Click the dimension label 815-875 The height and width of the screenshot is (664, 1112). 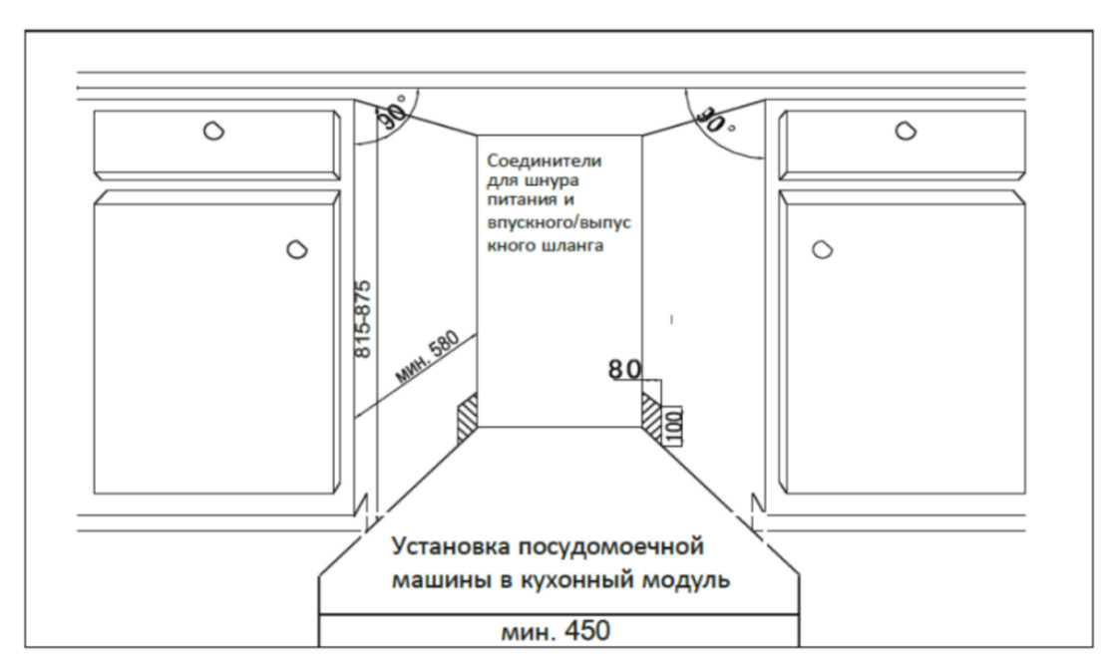(x=363, y=319)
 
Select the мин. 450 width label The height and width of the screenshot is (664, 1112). (x=556, y=631)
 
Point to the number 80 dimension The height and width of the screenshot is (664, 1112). (x=624, y=369)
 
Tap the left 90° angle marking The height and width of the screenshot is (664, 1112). (x=392, y=112)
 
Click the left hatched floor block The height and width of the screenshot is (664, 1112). (x=468, y=418)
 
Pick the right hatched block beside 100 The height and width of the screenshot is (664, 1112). (x=651, y=413)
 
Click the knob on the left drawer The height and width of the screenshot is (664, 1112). (x=213, y=131)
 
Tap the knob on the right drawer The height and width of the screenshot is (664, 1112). (x=906, y=131)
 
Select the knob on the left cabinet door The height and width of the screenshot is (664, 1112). (x=297, y=250)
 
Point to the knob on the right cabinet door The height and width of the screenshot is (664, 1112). (x=822, y=250)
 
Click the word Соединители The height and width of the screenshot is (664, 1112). (x=544, y=161)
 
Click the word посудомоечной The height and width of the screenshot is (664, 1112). (x=611, y=547)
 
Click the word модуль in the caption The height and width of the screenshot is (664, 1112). (x=686, y=580)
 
